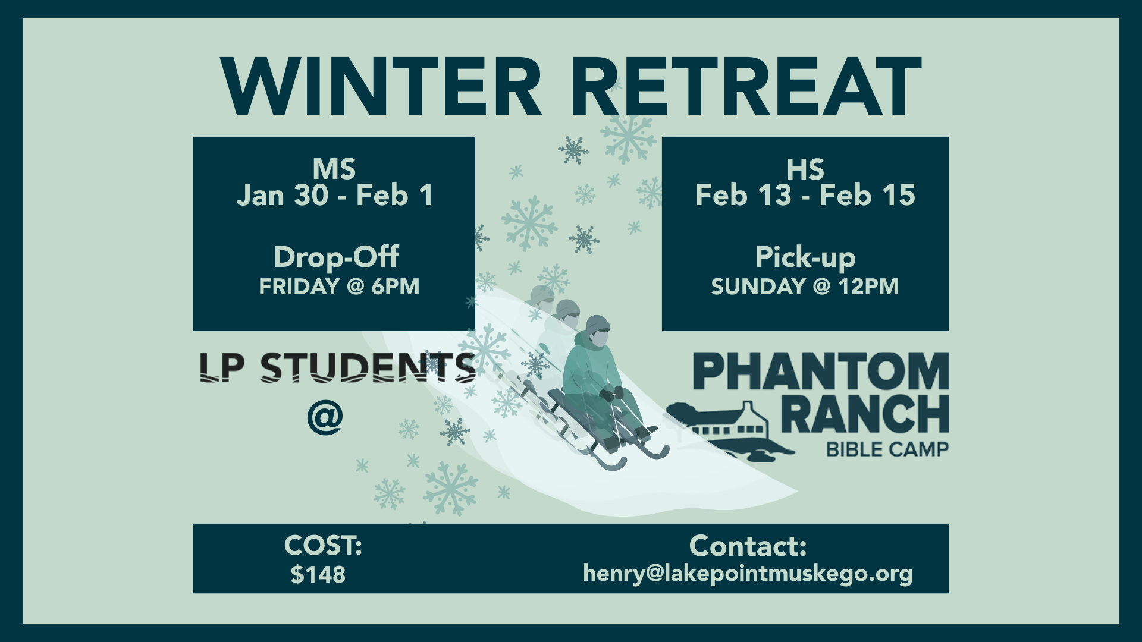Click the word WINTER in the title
tap(381, 86)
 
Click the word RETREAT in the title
tap(746, 86)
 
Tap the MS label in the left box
tap(334, 169)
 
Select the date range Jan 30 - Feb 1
tap(334, 196)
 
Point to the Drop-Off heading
tap(336, 257)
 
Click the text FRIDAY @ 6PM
tap(339, 287)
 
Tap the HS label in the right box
tap(805, 169)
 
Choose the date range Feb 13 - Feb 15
tap(805, 196)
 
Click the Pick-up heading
tap(805, 257)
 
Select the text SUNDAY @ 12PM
tap(805, 287)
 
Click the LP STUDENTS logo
tap(337, 367)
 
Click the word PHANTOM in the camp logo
tap(821, 371)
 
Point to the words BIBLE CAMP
tap(887, 449)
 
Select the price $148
tap(318, 575)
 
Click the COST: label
tap(323, 545)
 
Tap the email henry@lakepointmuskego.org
tap(748, 574)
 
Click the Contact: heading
tap(748, 546)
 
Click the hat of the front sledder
tap(598, 324)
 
